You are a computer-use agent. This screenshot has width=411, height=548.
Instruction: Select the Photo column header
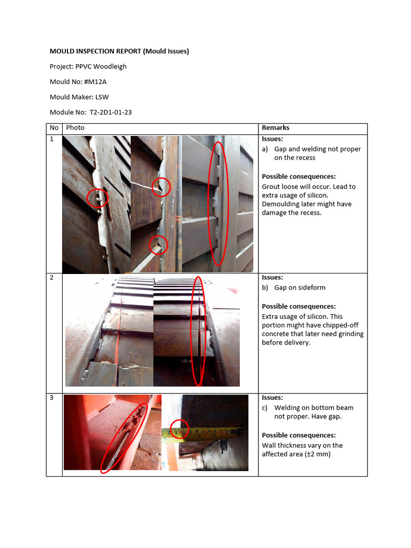pyautogui.click(x=75, y=128)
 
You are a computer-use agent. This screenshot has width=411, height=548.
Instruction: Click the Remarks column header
pyautogui.click(x=275, y=128)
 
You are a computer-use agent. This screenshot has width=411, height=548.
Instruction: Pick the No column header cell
pyautogui.click(x=54, y=128)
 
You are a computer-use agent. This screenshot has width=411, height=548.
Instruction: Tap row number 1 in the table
pyautogui.click(x=52, y=139)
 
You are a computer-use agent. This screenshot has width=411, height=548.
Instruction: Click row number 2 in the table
pyautogui.click(x=52, y=278)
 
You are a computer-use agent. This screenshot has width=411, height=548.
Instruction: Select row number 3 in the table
pyautogui.click(x=52, y=398)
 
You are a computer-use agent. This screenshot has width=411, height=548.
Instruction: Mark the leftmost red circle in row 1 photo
pyautogui.click(x=97, y=197)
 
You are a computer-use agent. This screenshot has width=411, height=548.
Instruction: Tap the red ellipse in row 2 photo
pyautogui.click(x=199, y=331)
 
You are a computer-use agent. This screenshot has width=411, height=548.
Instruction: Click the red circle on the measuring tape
pyautogui.click(x=179, y=429)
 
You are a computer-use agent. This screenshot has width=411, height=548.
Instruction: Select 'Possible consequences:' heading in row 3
pyautogui.click(x=299, y=435)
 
